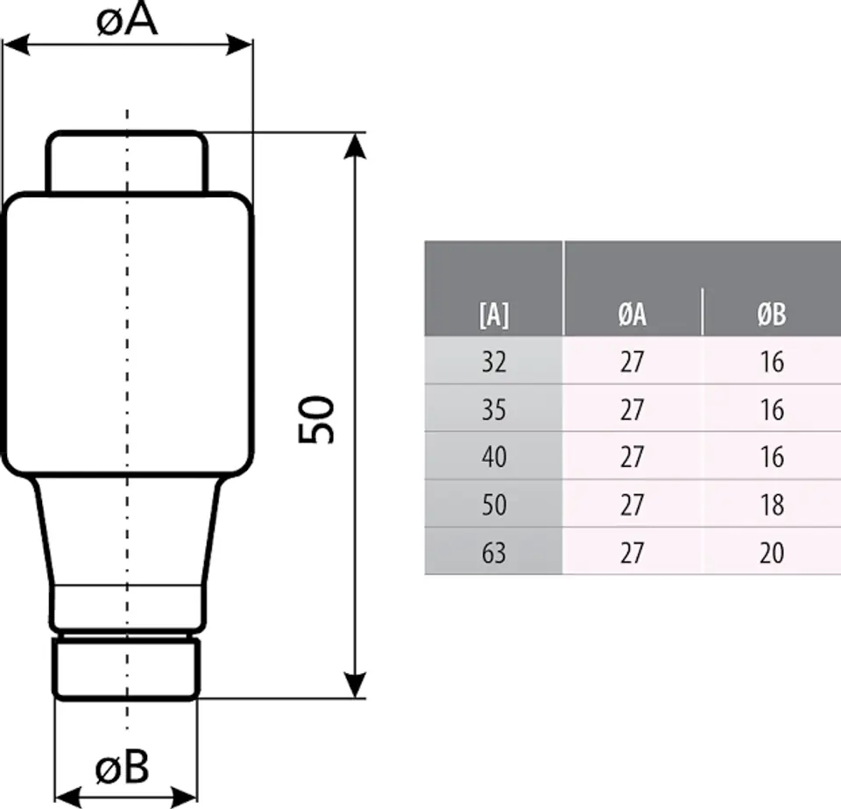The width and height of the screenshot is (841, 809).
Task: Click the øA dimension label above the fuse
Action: [x=127, y=20]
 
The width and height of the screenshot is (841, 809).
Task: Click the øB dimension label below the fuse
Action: [x=123, y=767]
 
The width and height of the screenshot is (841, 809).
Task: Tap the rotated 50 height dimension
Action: [x=316, y=420]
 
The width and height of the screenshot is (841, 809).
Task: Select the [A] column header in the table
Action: [x=494, y=315]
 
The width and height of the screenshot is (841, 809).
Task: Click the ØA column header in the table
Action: [x=632, y=315]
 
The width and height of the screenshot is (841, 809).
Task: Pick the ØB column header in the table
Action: [x=772, y=315]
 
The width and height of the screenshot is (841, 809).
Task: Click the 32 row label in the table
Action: [x=494, y=362]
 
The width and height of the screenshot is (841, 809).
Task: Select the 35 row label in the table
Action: [x=494, y=409]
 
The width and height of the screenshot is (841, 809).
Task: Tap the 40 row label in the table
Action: [x=494, y=457]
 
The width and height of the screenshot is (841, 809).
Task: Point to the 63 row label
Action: [x=494, y=552]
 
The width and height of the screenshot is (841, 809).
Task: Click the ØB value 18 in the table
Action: [x=772, y=505]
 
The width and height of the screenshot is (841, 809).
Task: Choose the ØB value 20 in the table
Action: [x=772, y=552]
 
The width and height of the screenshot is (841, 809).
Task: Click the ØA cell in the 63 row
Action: [x=632, y=552]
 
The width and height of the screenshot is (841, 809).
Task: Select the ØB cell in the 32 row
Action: [x=772, y=362]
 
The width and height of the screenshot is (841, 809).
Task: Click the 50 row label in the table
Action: [x=494, y=505]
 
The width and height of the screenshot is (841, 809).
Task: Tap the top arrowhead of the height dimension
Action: [x=355, y=145]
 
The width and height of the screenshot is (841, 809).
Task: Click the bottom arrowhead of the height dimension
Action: [x=355, y=685]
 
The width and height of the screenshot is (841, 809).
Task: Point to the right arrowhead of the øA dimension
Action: [x=239, y=45]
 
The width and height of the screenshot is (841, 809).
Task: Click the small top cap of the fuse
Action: [x=127, y=161]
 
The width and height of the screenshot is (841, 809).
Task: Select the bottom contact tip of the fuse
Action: [x=126, y=669]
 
